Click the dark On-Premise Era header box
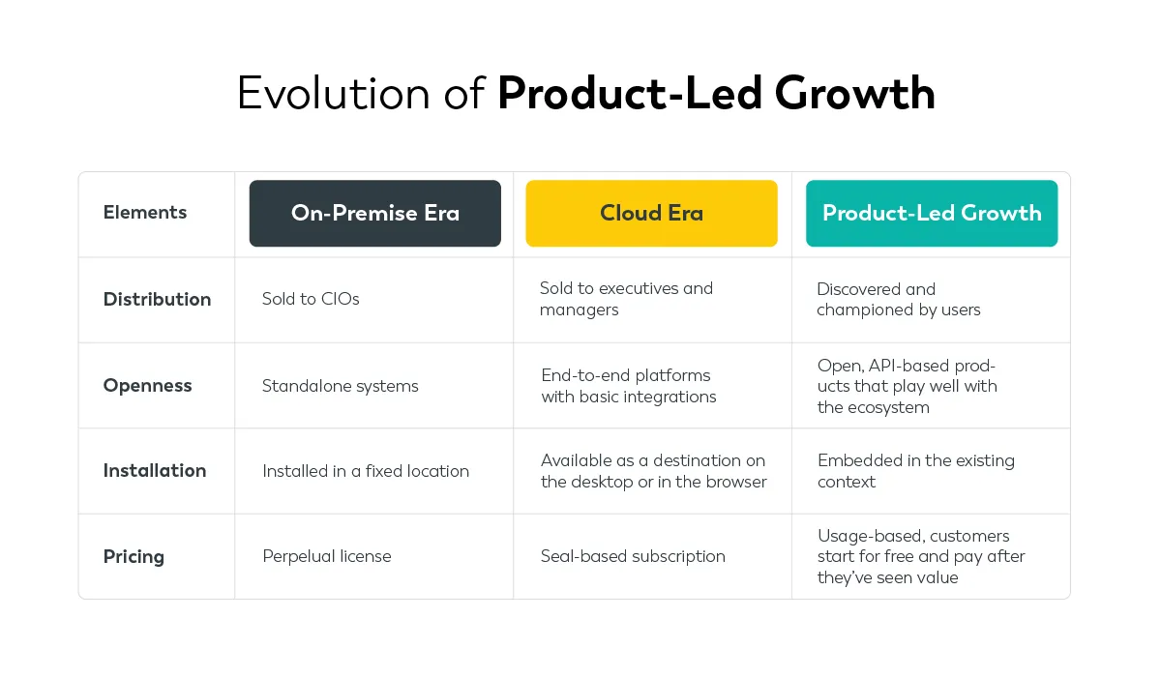pos(374,213)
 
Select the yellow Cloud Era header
pos(651,213)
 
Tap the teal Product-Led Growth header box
pos(931,213)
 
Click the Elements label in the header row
pos(145,213)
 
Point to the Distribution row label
pos(157,299)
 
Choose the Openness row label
pos(147,385)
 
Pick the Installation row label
pos(155,471)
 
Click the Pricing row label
pos(134,556)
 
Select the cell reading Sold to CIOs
pos(311,299)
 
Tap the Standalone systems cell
pos(340,386)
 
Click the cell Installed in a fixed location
pos(365,471)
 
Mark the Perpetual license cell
pos(326,556)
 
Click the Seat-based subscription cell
pos(633,556)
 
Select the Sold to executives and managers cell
pos(626,299)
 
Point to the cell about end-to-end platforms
pos(629,386)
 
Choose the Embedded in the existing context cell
pos(915,471)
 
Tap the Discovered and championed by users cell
pos(898,299)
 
